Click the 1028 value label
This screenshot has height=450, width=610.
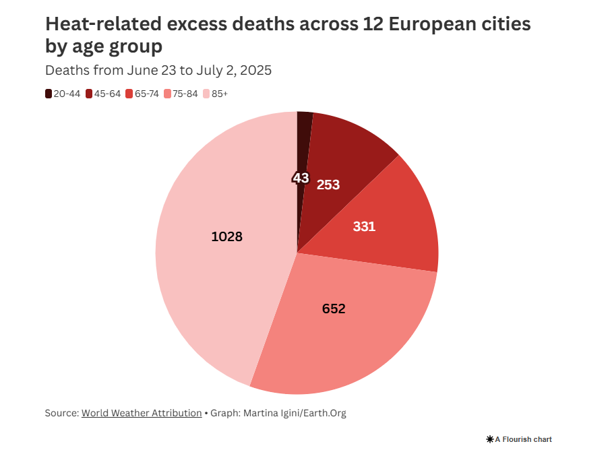[226, 237]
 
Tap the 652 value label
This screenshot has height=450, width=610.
[334, 309]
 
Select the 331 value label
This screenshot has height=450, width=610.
[364, 226]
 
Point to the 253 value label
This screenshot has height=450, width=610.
[328, 184]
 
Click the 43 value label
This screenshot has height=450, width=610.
[301, 178]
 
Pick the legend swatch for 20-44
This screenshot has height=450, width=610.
[49, 94]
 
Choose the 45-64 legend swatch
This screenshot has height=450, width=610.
[89, 94]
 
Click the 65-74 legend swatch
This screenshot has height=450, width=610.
[129, 94]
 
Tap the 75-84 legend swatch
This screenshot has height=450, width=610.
[167, 94]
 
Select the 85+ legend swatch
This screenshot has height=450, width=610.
[207, 94]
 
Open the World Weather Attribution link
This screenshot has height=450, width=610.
[142, 413]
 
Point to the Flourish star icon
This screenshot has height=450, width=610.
[489, 439]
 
